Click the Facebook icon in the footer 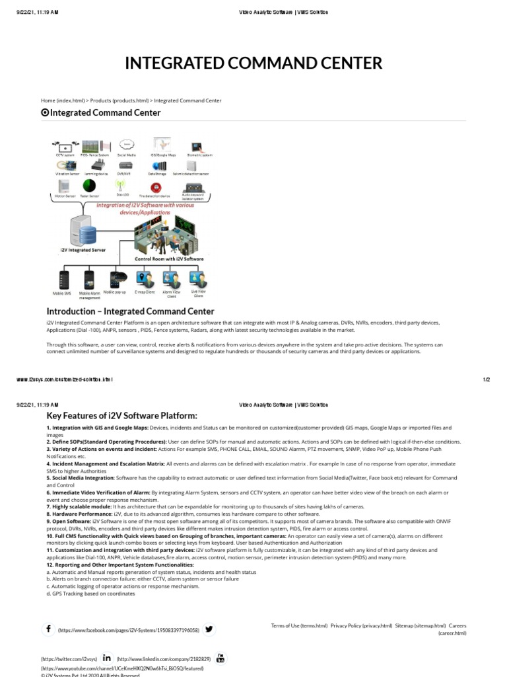pos(48,629)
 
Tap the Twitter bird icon pos(209,629)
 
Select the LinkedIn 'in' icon pos(107,658)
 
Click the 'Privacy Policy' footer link pos(361,625)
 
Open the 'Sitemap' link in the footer pos(420,625)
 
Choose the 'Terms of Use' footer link pos(299,625)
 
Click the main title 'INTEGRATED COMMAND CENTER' pos(253,63)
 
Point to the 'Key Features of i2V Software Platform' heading pos(121,415)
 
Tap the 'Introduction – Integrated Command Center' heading pos(130,311)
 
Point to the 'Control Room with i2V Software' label pos(169,259)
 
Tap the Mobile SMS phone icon pos(64,278)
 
